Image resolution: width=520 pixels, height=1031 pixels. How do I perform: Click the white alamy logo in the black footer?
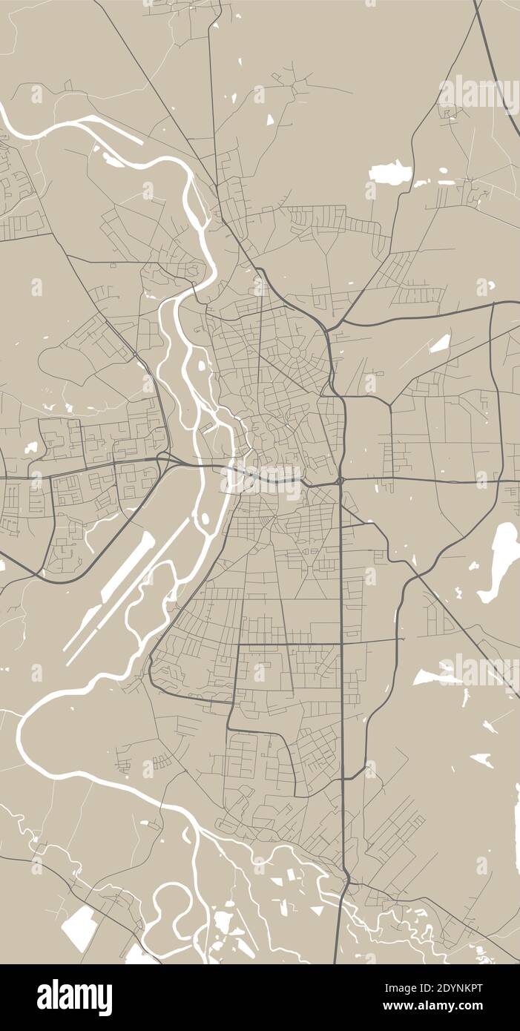click(x=75, y=998)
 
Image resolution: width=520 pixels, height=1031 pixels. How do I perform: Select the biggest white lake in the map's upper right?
click(x=390, y=173)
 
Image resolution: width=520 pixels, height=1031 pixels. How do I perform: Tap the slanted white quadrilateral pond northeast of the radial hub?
click(x=440, y=343)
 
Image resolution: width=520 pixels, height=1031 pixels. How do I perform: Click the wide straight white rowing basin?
click(x=128, y=567)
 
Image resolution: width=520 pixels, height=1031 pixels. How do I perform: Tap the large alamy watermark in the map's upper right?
click(x=478, y=94)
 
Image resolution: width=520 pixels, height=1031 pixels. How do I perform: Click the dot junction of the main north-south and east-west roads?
click(x=340, y=481)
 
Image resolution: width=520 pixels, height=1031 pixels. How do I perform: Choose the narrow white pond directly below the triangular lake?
click(x=466, y=697)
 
